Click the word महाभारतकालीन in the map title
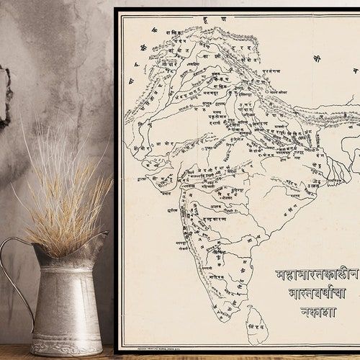point(317,275)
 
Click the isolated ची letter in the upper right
point(317,58)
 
